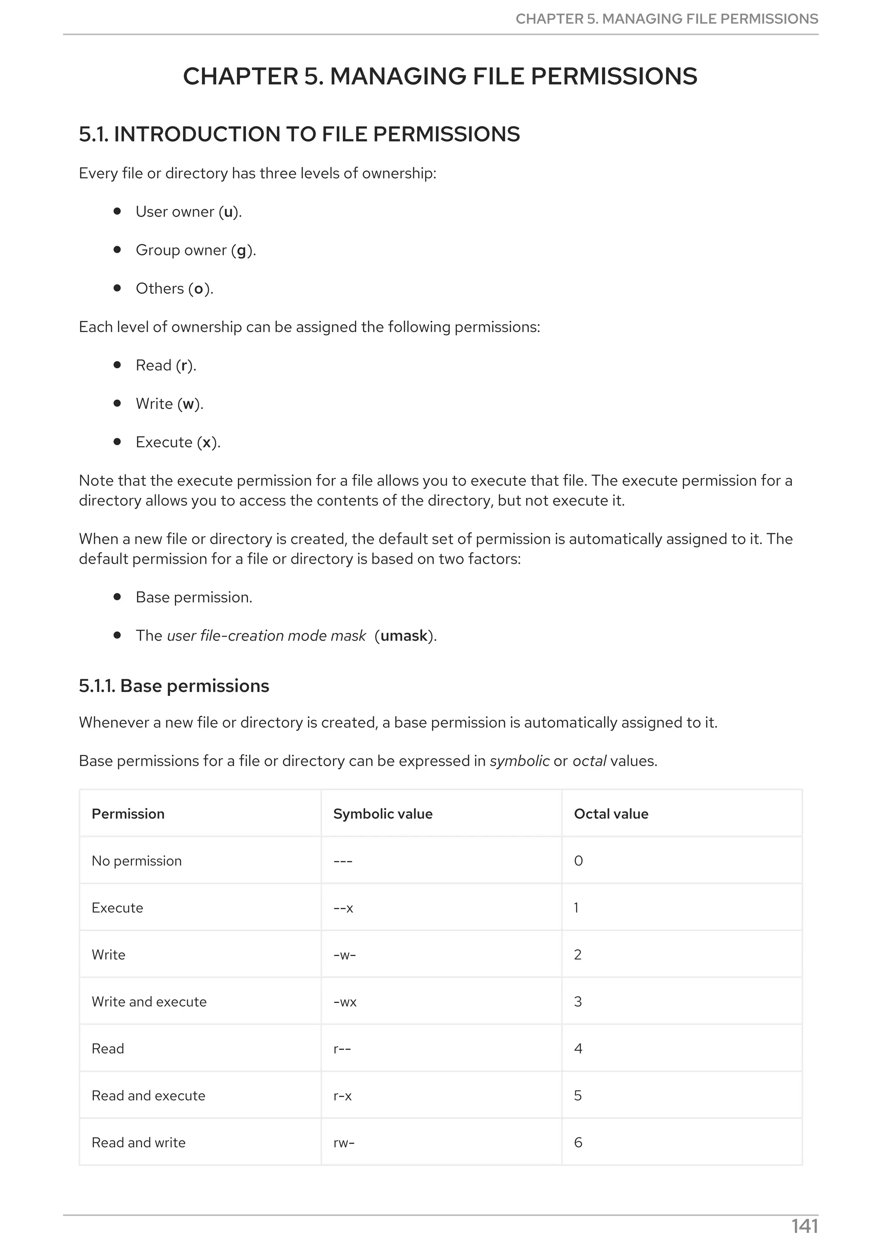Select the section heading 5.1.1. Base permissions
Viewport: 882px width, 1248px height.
pyautogui.click(x=174, y=686)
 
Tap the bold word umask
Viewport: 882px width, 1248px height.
pyautogui.click(x=404, y=636)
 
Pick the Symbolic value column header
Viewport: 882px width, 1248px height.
pyautogui.click(x=382, y=814)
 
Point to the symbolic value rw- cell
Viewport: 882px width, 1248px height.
pyautogui.click(x=344, y=1142)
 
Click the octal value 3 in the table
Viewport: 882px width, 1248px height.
pyautogui.click(x=578, y=1002)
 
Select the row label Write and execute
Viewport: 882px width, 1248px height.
pyautogui.click(x=149, y=1002)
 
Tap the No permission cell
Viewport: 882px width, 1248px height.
pyautogui.click(x=137, y=861)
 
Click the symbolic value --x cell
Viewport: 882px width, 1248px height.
pyautogui.click(x=343, y=908)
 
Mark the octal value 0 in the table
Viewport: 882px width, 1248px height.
pyautogui.click(x=578, y=861)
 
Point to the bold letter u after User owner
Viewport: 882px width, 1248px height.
pyautogui.click(x=228, y=212)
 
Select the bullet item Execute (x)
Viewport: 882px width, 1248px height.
pyautogui.click(x=178, y=442)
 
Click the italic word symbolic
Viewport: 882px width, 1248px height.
pyautogui.click(x=519, y=761)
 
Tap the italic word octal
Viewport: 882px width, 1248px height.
pyautogui.click(x=589, y=761)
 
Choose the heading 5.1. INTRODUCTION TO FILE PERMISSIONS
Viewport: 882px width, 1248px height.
pyautogui.click(x=299, y=134)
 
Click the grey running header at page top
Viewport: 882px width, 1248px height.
pyautogui.click(x=666, y=19)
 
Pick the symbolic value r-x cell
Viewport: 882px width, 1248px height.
pyautogui.click(x=343, y=1096)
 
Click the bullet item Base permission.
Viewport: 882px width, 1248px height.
pyautogui.click(x=193, y=597)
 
